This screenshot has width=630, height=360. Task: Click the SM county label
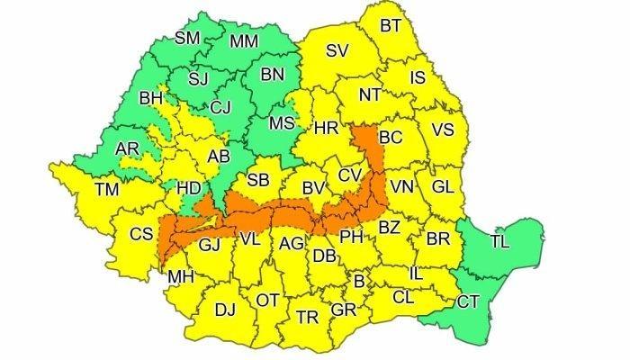(187, 38)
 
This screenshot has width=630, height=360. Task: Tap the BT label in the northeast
(390, 26)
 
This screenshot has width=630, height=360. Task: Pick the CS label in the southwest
(140, 234)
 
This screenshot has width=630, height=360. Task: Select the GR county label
(343, 310)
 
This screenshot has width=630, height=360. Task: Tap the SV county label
(337, 50)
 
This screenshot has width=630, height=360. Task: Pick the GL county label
(442, 187)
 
